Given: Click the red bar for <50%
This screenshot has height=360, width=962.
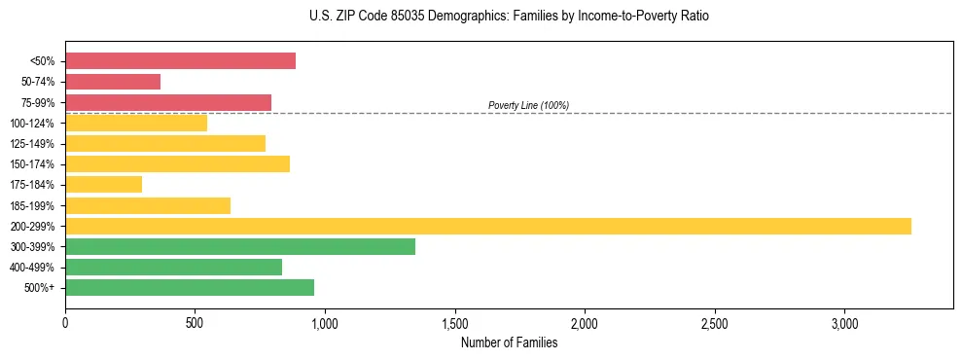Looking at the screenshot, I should click(180, 61).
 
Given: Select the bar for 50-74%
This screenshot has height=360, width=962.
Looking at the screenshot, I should click(113, 82).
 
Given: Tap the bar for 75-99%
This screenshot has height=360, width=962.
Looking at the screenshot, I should click(168, 102).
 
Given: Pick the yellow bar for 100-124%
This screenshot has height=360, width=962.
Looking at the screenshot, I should click(136, 123).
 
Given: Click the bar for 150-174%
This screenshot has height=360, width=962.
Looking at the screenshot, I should click(177, 163).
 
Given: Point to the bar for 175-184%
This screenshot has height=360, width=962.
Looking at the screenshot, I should click(103, 184).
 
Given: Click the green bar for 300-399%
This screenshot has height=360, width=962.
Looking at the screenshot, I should click(240, 246).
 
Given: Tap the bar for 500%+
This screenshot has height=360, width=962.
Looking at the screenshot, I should click(190, 287).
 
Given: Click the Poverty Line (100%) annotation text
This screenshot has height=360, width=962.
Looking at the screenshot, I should click(528, 105).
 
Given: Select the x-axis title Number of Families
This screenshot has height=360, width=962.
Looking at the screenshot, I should click(509, 342).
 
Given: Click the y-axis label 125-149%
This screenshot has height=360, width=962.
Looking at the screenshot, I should click(32, 144).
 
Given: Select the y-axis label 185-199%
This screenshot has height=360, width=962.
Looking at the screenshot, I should click(32, 205).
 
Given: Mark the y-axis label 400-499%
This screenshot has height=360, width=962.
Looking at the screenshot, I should click(32, 268).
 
